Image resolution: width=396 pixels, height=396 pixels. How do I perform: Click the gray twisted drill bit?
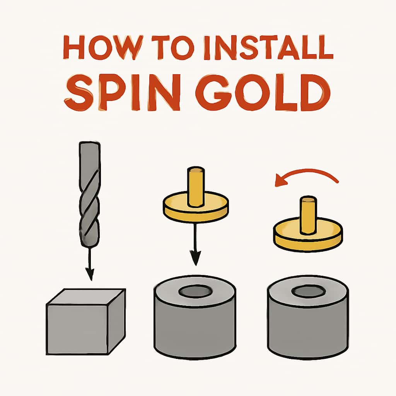(x=89, y=193)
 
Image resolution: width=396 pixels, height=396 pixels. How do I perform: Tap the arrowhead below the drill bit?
(x=90, y=276)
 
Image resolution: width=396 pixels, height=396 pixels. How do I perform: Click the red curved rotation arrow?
(x=306, y=173)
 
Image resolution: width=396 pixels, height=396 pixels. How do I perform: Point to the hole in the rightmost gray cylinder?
(x=307, y=291)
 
